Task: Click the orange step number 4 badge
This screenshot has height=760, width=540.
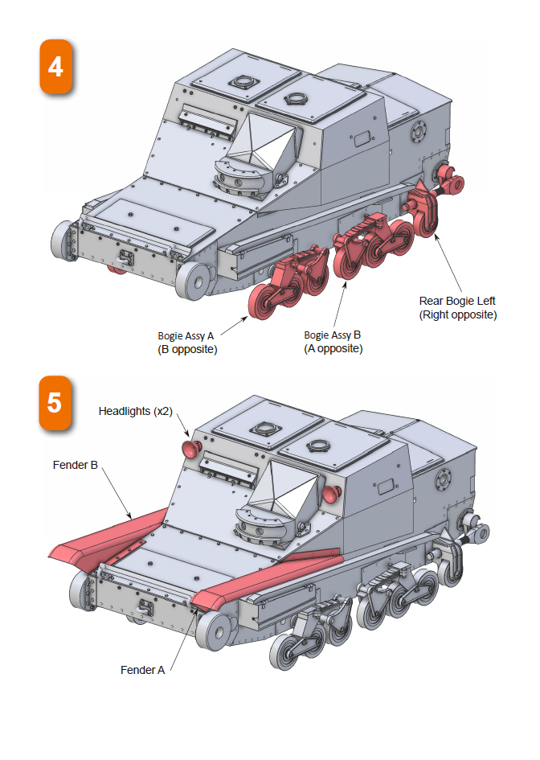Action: (55, 68)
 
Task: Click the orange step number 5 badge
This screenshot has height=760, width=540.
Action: (55, 402)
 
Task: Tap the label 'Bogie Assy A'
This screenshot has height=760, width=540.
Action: (186, 335)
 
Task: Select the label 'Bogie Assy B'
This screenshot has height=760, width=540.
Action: (333, 335)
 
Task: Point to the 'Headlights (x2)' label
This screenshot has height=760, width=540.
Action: (136, 411)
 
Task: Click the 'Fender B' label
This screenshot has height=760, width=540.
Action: (76, 465)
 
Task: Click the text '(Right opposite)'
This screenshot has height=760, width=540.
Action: (457, 314)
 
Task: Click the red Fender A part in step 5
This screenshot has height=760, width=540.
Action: (265, 577)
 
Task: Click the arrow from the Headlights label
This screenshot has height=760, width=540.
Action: (182, 427)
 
